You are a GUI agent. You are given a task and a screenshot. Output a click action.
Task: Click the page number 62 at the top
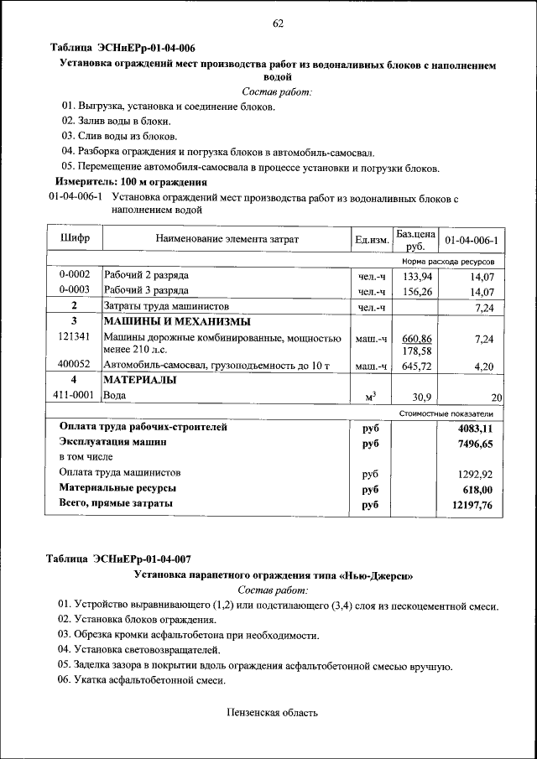point(278,23)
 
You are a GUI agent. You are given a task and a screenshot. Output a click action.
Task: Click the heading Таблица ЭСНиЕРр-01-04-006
point(124,49)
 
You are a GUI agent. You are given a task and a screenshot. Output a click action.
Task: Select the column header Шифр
point(76,239)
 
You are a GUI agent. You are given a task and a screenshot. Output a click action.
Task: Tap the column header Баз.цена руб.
point(415,240)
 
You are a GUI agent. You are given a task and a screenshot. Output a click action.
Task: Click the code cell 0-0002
point(75,275)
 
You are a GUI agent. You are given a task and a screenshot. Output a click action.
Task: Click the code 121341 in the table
point(75,336)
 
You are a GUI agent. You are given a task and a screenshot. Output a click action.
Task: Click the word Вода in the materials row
point(114,395)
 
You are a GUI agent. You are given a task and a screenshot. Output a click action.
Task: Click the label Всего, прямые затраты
point(116,503)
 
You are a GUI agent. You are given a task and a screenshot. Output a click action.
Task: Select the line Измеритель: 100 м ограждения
point(132,182)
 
